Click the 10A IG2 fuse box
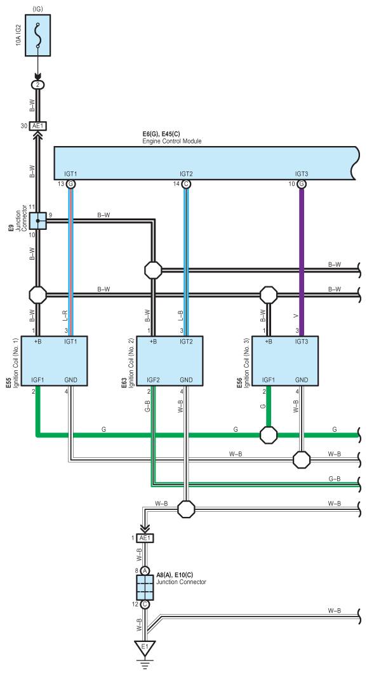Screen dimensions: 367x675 38,35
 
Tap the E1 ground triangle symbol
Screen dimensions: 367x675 145,648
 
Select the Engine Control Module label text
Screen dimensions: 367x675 171,141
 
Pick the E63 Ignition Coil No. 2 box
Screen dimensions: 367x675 170,361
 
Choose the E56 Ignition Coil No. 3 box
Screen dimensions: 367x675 285,361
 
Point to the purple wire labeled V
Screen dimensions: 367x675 302,262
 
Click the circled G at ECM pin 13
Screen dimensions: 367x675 71,184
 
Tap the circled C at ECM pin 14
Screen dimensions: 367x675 186,184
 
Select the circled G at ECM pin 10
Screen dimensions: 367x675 302,184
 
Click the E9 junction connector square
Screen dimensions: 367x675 38,221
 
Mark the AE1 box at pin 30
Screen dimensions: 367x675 38,126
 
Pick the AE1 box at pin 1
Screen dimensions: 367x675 145,538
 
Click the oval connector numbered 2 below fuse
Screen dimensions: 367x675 38,85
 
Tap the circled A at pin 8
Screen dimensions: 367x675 145,570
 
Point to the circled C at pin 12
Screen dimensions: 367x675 145,604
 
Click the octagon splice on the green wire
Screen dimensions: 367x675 269,435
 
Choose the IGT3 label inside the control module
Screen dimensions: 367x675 302,174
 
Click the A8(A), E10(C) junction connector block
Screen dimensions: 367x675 145,587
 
